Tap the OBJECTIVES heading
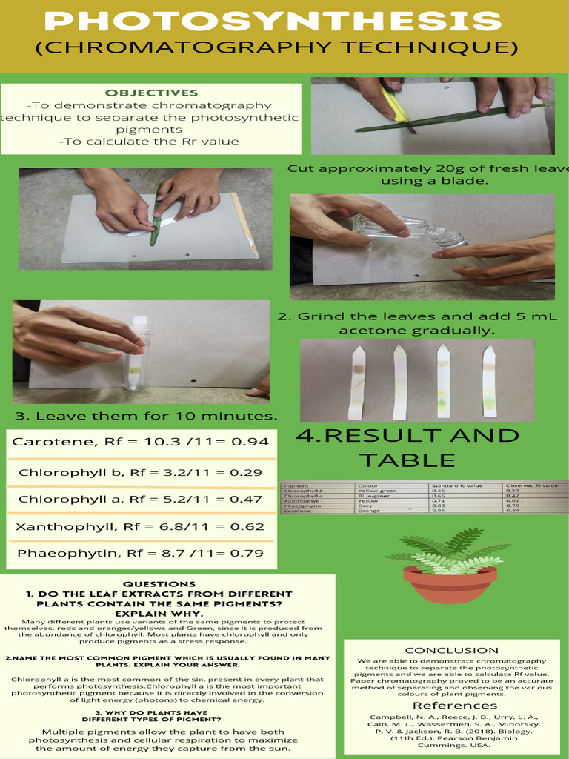pos(151,93)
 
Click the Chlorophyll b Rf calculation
pos(140,472)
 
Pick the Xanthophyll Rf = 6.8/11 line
pos(140,527)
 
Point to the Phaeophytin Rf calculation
pos(140,553)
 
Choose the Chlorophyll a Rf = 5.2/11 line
pos(140,500)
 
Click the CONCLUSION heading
pos(451,650)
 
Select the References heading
pos(454,705)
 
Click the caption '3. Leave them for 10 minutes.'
pos(146,416)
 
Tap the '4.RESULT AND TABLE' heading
pos(407,447)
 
